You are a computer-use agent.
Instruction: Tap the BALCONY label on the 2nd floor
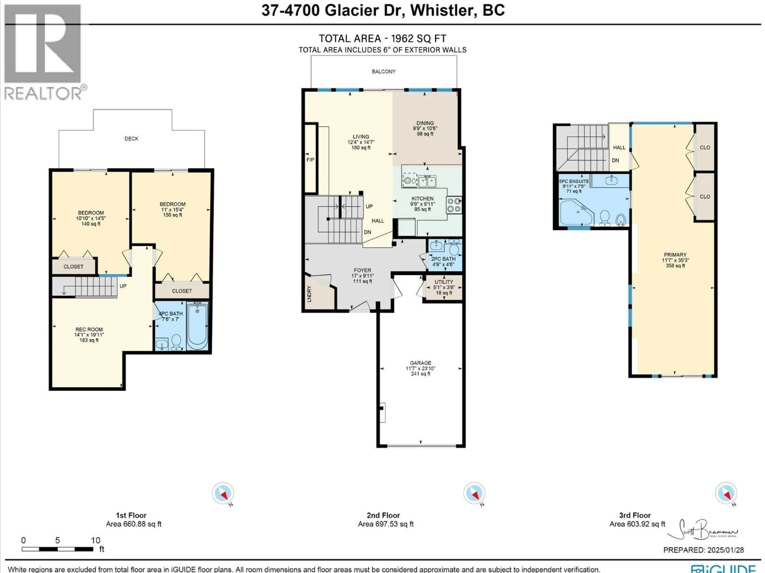click(383, 71)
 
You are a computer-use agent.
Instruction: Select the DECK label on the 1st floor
click(131, 138)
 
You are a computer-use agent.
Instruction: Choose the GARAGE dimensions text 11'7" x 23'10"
click(421, 368)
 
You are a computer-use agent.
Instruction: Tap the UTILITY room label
click(444, 282)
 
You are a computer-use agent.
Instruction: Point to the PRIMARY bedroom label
click(675, 254)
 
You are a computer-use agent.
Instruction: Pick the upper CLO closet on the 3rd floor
click(705, 147)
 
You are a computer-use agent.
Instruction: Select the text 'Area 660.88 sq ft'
click(133, 524)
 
